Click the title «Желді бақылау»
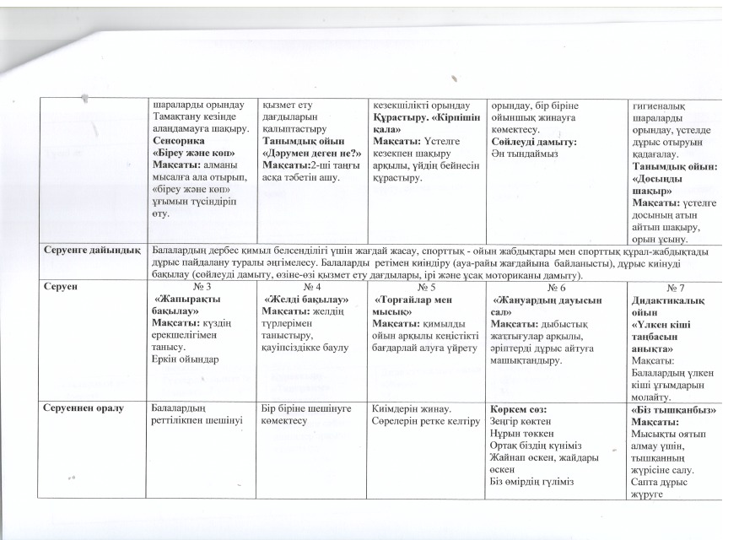(x=301, y=299)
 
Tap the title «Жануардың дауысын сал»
(x=540, y=304)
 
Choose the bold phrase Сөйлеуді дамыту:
(x=534, y=143)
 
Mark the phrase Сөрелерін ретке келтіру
(x=425, y=420)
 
